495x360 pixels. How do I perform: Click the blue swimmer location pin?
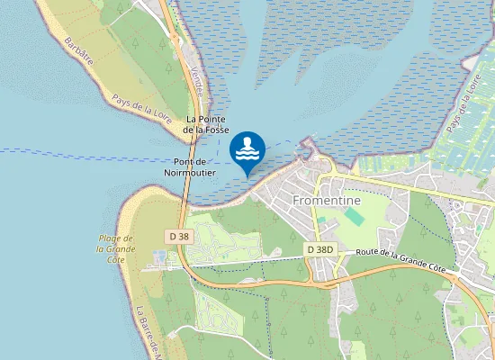pyautogui.click(x=247, y=149)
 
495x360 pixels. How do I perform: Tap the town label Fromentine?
pyautogui.click(x=327, y=200)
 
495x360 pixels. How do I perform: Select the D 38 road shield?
pyautogui.click(x=179, y=237)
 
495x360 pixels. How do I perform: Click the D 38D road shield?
pyautogui.click(x=319, y=249)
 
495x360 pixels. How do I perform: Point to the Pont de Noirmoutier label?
pyautogui.click(x=190, y=166)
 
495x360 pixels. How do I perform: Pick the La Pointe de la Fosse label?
pyautogui.click(x=206, y=124)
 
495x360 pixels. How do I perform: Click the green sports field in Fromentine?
pyautogui.click(x=354, y=217)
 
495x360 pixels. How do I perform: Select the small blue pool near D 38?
pyautogui.click(x=160, y=257)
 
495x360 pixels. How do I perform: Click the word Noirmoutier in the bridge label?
pyautogui.click(x=190, y=171)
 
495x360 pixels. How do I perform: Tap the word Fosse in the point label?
pyautogui.click(x=217, y=130)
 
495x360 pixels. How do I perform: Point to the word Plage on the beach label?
pyautogui.click(x=109, y=238)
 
